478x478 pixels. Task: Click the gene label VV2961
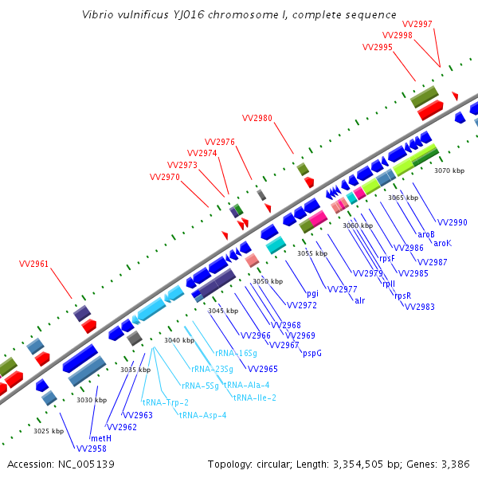(33, 264)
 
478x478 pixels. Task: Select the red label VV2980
(257, 118)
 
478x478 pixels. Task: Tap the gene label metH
(100, 438)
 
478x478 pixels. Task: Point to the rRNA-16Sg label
(236, 353)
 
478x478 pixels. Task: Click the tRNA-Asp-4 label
(202, 415)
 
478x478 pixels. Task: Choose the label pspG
(312, 353)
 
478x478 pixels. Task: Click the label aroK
(442, 243)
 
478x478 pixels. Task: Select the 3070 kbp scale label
(449, 170)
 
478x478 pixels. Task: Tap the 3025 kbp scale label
(49, 431)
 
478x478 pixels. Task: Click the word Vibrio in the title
(98, 15)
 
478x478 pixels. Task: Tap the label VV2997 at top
(417, 24)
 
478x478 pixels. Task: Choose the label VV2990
(453, 222)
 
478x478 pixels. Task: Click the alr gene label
(360, 300)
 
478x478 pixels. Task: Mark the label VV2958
(92, 449)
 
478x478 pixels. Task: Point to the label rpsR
(403, 296)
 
